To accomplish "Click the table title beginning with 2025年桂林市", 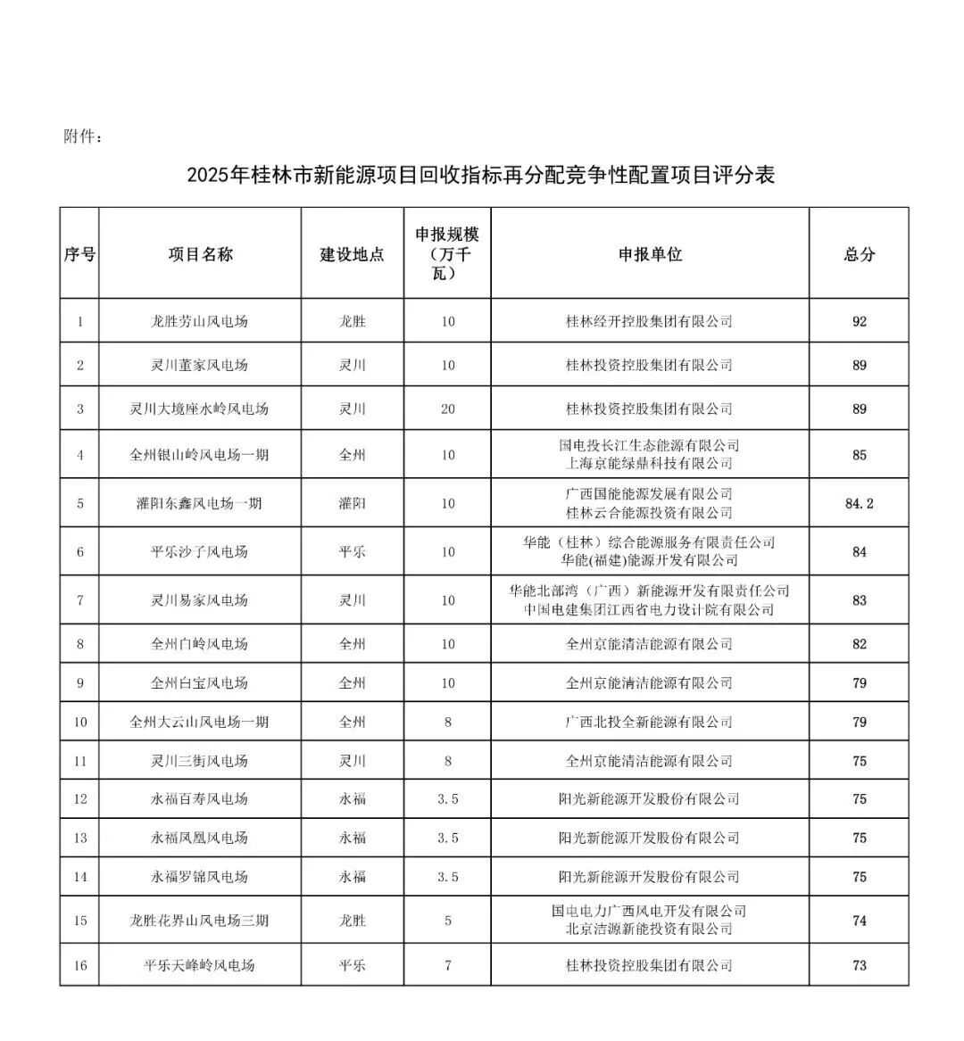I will click(x=481, y=175).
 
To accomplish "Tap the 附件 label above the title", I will click(x=84, y=137).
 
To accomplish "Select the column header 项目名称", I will click(x=200, y=254).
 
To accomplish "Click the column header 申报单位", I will click(x=650, y=254).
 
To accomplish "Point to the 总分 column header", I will click(x=859, y=254).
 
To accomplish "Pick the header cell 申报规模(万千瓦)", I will click(x=447, y=253).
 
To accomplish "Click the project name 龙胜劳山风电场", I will click(x=199, y=321).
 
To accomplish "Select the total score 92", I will click(x=859, y=321).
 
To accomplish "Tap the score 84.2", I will click(x=859, y=503).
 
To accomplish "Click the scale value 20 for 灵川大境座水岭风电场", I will click(x=447, y=409).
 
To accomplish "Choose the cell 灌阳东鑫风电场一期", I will click(x=199, y=503).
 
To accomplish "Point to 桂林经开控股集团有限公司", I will click(x=650, y=321).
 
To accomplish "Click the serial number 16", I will click(x=80, y=965).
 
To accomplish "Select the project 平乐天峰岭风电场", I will click(x=199, y=965).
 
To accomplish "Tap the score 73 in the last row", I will click(x=859, y=965).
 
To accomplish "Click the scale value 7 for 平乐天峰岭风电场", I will click(x=447, y=965).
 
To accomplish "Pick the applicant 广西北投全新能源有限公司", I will click(x=650, y=722).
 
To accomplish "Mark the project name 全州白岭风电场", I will click(x=199, y=644).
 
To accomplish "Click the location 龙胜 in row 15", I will click(x=352, y=921).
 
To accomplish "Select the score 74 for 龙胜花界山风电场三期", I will click(x=859, y=921).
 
